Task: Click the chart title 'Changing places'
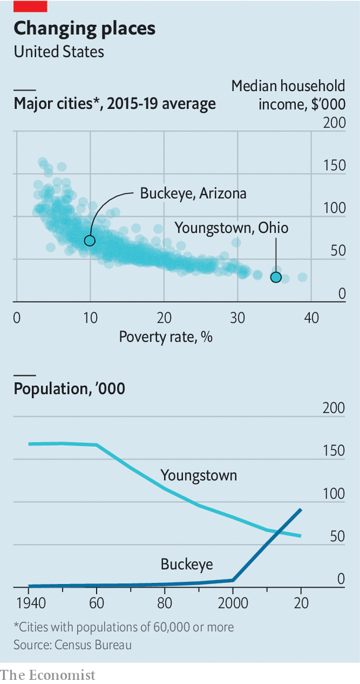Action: click(85, 28)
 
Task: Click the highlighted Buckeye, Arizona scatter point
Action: click(89, 240)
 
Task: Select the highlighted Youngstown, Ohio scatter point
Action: click(276, 277)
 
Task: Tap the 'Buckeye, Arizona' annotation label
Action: click(193, 193)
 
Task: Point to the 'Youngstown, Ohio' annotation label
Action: click(232, 227)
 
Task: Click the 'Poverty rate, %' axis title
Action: click(166, 337)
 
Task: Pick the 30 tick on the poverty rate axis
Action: click(237, 318)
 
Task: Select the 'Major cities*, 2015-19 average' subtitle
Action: click(115, 105)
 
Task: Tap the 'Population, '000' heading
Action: click(69, 389)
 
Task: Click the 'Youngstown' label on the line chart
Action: click(198, 475)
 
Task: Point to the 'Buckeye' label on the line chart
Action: click(187, 564)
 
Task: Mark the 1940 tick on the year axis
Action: click(28, 604)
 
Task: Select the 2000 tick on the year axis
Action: click(233, 604)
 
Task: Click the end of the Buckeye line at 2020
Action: click(301, 509)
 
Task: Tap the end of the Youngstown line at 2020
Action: click(301, 536)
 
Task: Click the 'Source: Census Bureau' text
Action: click(73, 644)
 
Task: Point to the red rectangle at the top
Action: click(30, 6)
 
